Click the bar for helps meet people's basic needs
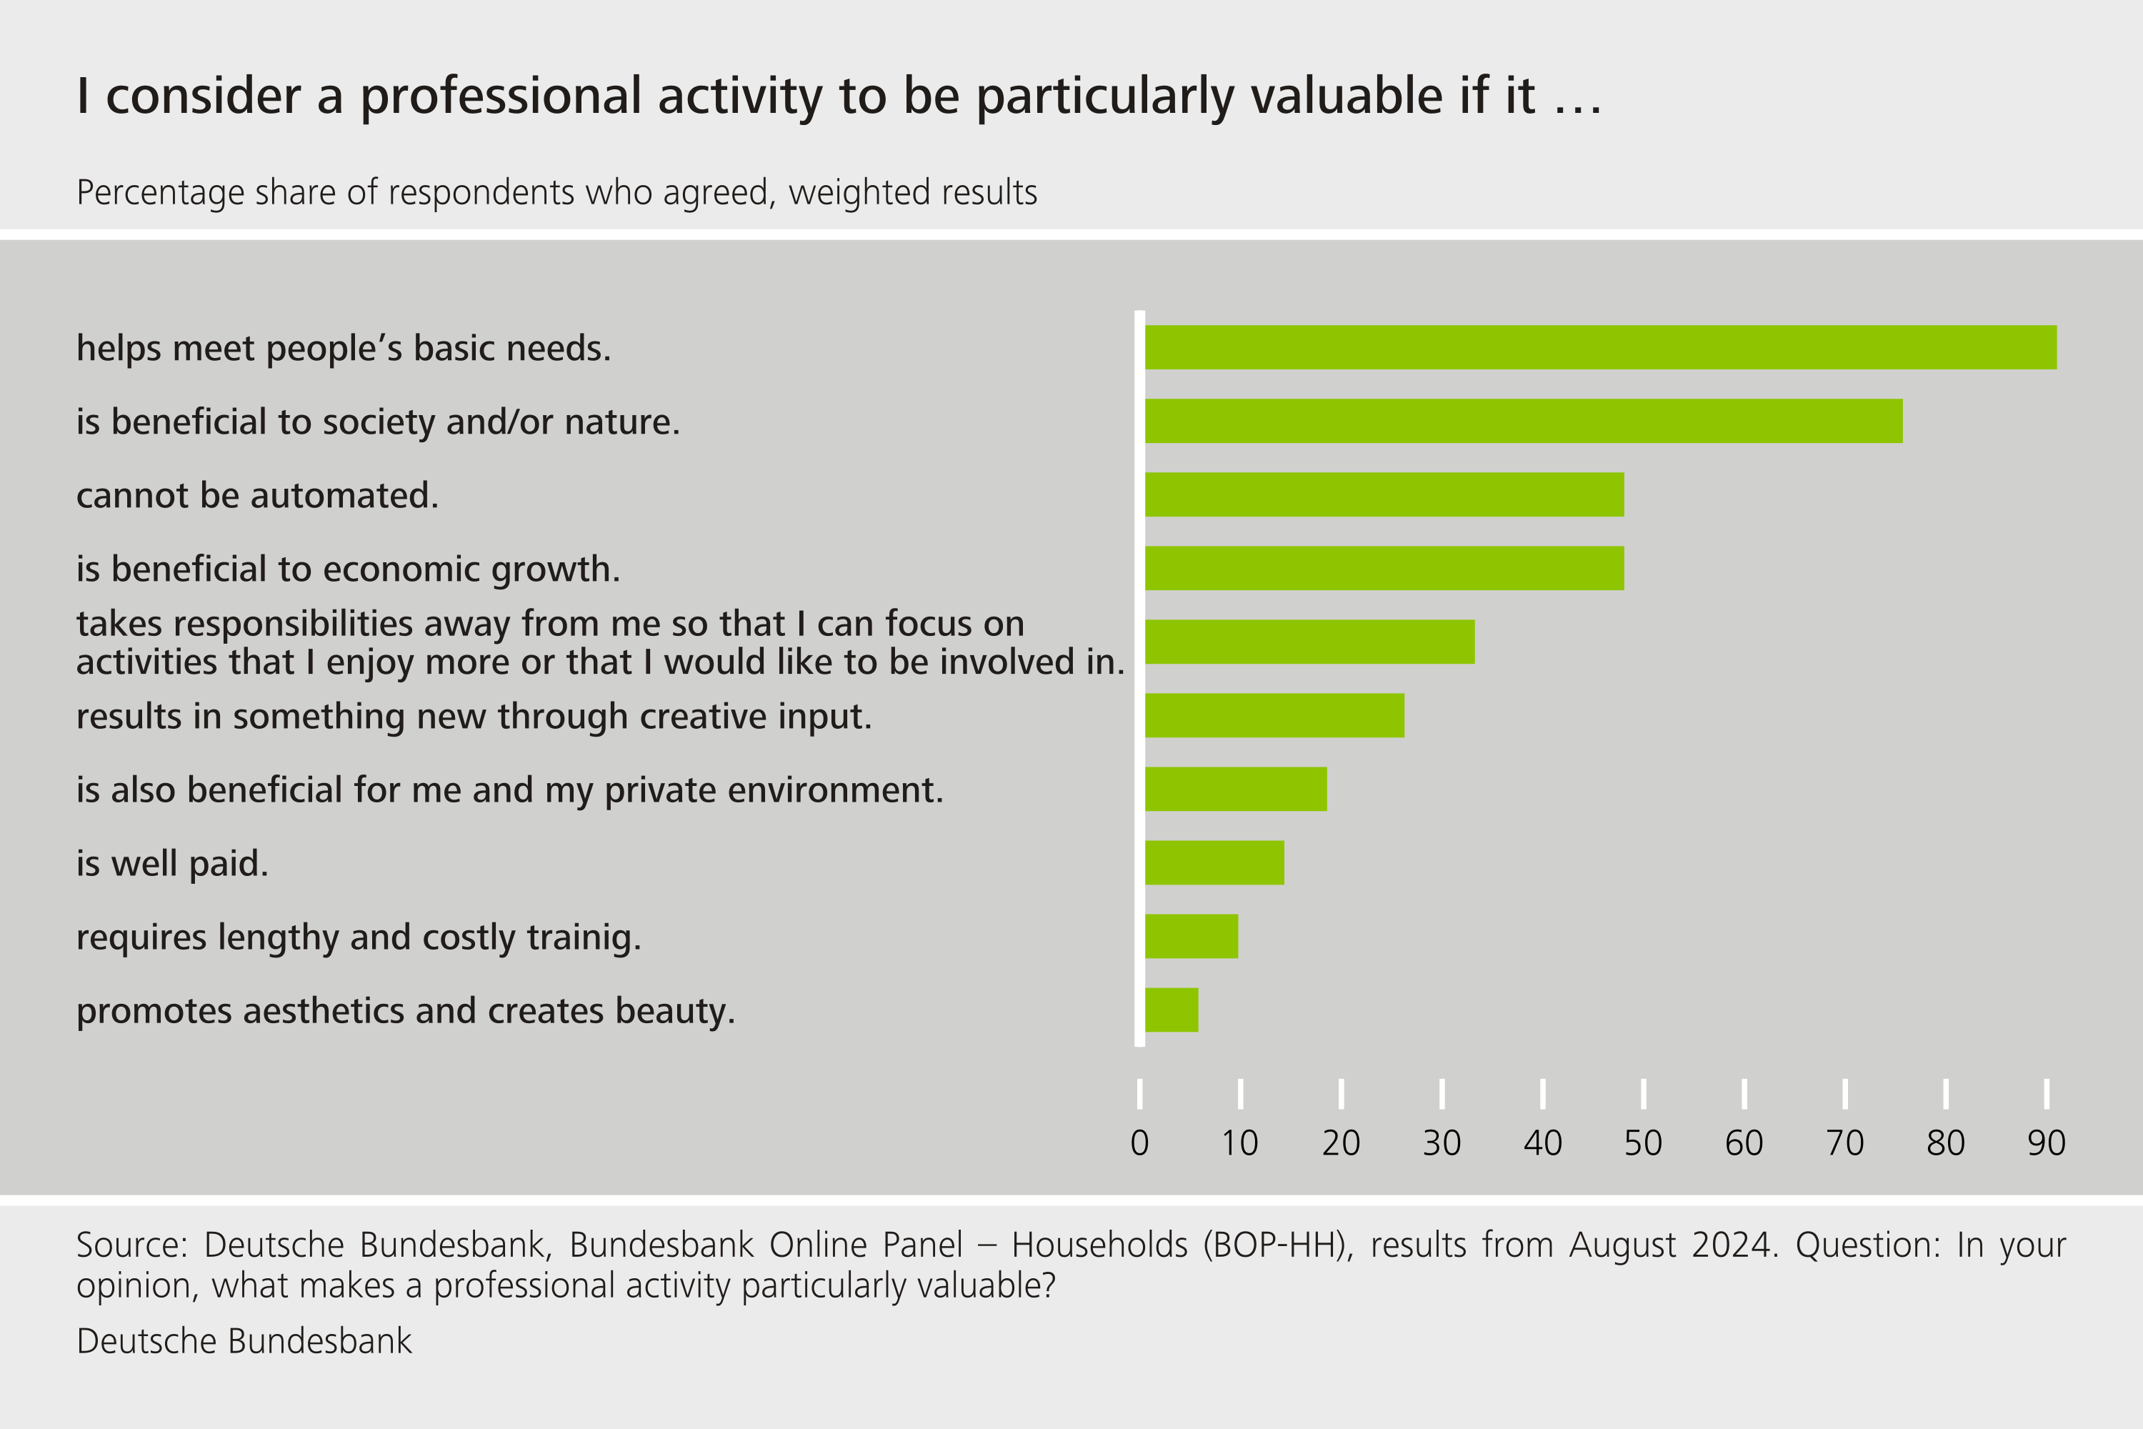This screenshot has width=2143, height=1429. (1600, 347)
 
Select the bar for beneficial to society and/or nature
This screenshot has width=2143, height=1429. (1524, 421)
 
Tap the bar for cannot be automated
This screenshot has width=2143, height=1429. (1384, 495)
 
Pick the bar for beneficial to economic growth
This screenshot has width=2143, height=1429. (1384, 568)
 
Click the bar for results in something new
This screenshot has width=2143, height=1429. (1274, 715)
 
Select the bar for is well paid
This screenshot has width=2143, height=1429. (1214, 862)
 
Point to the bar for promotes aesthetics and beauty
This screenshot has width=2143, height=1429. (1172, 1010)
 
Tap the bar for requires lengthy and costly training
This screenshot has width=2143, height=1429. (1192, 936)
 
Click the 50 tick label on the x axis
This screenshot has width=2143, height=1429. (1643, 1142)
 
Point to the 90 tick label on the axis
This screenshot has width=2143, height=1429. (2047, 1142)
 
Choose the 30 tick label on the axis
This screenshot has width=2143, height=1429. (1442, 1142)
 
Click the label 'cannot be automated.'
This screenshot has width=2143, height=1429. (257, 496)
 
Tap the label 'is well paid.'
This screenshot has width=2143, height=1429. (172, 863)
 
